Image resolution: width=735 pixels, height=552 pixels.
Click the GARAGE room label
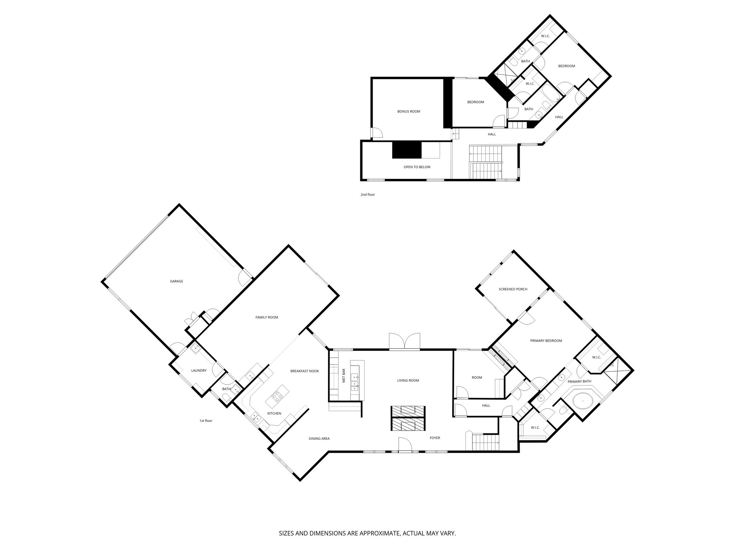(x=176, y=281)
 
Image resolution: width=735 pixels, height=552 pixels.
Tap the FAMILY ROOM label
(x=267, y=317)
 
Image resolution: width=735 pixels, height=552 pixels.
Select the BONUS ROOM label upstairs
(x=408, y=111)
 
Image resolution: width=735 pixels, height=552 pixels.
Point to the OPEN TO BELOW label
(x=417, y=167)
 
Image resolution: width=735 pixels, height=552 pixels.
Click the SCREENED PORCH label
(x=513, y=289)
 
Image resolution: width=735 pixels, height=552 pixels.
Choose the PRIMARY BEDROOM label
(x=546, y=341)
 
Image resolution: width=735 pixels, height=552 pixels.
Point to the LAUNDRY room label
(x=198, y=371)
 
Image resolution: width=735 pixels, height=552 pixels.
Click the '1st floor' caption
(x=206, y=420)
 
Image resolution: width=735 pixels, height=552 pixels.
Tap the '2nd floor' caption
(x=367, y=195)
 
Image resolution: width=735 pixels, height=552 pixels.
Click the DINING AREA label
(x=319, y=438)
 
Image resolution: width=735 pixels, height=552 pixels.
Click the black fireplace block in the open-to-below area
(x=407, y=150)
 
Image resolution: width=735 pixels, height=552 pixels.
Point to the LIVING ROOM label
(x=408, y=381)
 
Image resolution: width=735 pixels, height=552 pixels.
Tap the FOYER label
(x=435, y=438)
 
